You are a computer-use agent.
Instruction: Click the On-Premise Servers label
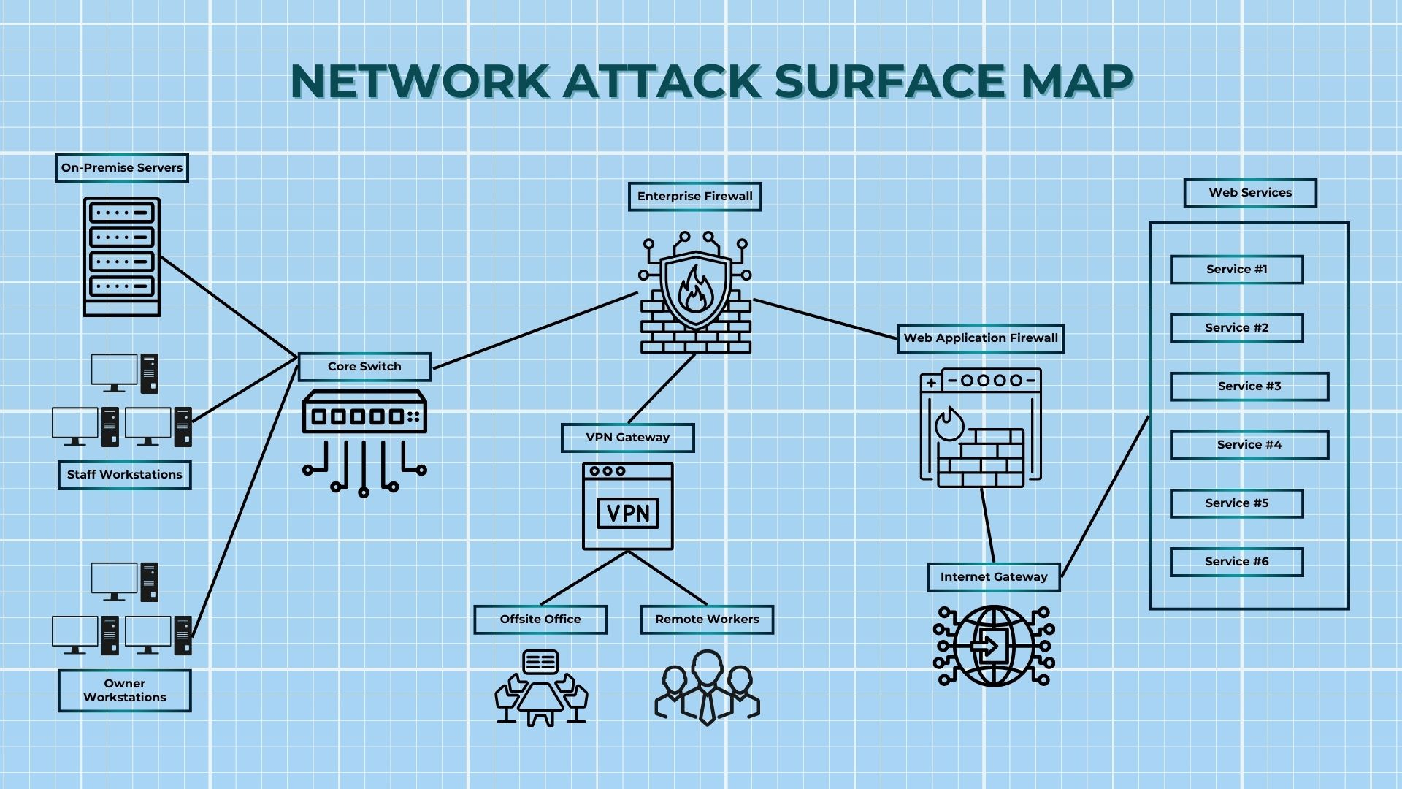coord(122,168)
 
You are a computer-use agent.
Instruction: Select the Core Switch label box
coord(364,367)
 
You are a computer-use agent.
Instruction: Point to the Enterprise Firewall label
coord(694,197)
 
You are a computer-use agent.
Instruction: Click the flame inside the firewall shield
coord(694,289)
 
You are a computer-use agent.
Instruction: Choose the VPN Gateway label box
coord(627,438)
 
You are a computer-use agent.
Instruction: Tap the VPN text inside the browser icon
coord(628,513)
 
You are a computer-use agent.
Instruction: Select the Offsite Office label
coord(540,620)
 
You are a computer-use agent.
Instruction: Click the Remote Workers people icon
coord(707,687)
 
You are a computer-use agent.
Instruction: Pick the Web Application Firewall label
coord(981,338)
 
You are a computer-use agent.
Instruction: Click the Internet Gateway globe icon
coord(994,646)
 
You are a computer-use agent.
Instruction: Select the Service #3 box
coord(1249,386)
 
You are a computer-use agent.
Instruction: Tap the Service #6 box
coord(1236,562)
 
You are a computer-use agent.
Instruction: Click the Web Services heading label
coord(1250,193)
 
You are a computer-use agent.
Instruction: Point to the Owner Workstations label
coord(125,690)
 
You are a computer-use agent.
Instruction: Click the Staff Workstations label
coord(125,475)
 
